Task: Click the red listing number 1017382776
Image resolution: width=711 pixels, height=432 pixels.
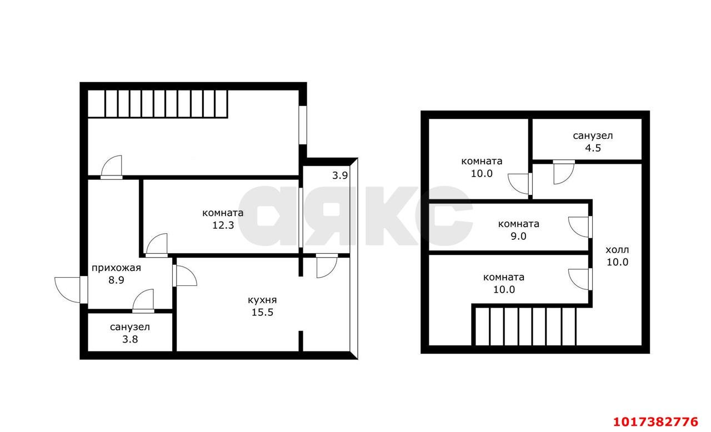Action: [655, 422]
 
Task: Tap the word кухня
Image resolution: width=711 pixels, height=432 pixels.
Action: [262, 300]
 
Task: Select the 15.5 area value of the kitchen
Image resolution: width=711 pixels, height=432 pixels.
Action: [262, 313]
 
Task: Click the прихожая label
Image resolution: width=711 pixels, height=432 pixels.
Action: [116, 268]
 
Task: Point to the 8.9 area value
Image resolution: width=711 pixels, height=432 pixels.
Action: [116, 280]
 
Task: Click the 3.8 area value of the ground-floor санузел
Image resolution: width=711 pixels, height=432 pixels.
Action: [130, 339]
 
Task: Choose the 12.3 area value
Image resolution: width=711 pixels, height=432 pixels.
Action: [223, 225]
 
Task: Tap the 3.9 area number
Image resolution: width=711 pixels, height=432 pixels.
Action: [340, 175]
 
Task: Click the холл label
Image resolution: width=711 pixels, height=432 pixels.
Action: [617, 250]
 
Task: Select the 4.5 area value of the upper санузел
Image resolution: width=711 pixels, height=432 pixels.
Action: [593, 148]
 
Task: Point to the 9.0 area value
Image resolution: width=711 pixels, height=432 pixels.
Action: [518, 237]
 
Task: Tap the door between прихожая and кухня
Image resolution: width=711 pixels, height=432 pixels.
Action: [184, 275]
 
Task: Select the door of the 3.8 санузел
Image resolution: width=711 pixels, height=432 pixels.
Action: [143, 301]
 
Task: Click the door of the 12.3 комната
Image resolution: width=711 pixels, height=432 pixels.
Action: [157, 245]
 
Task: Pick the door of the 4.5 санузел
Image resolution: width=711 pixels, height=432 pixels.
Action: [564, 172]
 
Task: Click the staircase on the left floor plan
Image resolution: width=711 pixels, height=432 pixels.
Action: [157, 104]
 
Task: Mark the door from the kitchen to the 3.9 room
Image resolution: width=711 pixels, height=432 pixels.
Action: [327, 266]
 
